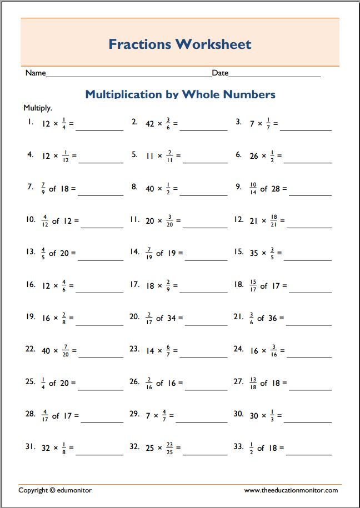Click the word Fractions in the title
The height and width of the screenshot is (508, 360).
coord(139,44)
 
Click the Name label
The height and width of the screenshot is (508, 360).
coord(35,73)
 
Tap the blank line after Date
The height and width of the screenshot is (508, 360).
coord(274,76)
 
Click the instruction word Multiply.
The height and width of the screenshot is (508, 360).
coord(38,108)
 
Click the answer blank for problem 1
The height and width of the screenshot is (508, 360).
coord(99,129)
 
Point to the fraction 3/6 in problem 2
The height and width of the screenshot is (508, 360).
coord(168,123)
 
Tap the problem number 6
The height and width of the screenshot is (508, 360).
coord(238,155)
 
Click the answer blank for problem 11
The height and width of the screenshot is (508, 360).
coord(203,227)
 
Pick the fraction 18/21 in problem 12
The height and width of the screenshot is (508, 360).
coord(273,220)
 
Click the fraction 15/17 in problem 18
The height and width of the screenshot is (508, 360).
coord(253,285)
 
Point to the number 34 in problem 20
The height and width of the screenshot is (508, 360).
coord(172,318)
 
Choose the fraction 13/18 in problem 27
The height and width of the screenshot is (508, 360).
coord(253,383)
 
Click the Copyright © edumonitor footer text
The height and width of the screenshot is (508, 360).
coord(55,490)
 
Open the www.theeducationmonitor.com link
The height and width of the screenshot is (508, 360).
coord(291,490)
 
